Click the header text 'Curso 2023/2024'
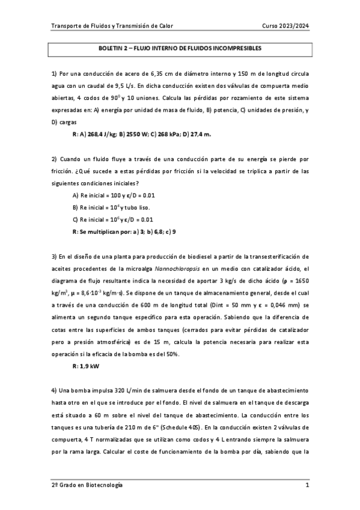click(285, 25)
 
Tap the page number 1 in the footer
click(307, 485)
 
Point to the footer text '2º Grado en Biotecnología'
click(87, 485)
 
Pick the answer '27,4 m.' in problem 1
click(200, 134)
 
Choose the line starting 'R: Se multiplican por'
click(124, 232)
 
